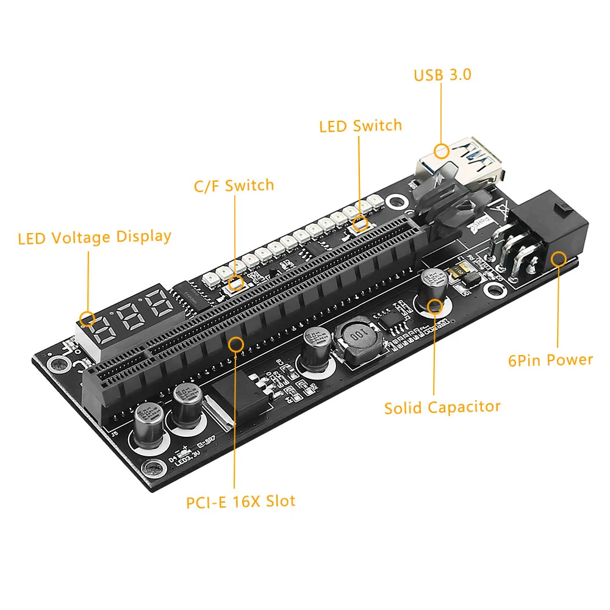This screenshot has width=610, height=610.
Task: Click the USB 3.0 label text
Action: tap(442, 75)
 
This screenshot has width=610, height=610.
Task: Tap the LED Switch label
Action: tap(361, 126)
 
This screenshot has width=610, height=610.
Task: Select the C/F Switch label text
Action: tap(234, 185)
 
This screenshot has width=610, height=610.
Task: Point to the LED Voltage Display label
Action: tap(95, 237)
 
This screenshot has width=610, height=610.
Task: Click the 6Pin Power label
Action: tap(550, 360)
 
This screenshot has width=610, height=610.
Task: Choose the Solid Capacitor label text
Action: tap(442, 407)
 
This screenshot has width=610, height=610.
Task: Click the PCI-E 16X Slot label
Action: tap(241, 501)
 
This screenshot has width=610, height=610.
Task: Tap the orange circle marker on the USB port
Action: tap(440, 150)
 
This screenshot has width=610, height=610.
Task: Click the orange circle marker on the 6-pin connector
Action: tap(558, 259)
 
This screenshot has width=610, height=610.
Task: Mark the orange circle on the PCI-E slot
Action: tap(235, 344)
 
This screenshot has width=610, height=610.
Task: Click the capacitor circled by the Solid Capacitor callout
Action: tap(435, 287)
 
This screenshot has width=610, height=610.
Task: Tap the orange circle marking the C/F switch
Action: tap(236, 282)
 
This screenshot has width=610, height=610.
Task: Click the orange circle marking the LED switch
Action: tap(360, 224)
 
